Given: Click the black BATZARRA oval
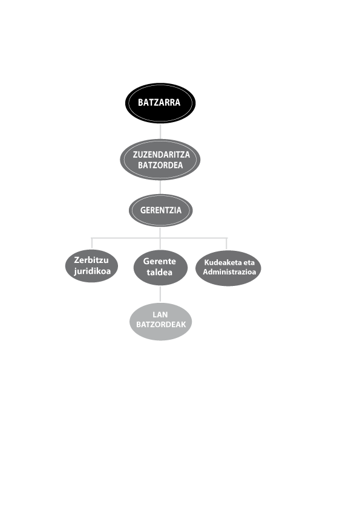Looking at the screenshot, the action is pyautogui.click(x=160, y=103).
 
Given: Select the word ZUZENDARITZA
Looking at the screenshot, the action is pyautogui.click(x=161, y=154).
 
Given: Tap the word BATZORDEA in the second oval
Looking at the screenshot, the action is pyautogui.click(x=160, y=165).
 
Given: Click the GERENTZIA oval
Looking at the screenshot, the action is pyautogui.click(x=161, y=210).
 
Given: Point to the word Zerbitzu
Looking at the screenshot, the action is pyautogui.click(x=91, y=260).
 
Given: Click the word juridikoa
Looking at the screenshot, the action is pyautogui.click(x=93, y=271).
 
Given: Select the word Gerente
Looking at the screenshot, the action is pyautogui.click(x=160, y=261).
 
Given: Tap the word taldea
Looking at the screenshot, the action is pyautogui.click(x=160, y=272).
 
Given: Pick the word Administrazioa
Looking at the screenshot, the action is pyautogui.click(x=229, y=271).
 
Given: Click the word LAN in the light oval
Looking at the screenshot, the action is pyautogui.click(x=160, y=314).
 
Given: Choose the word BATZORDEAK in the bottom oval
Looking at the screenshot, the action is pyautogui.click(x=161, y=324).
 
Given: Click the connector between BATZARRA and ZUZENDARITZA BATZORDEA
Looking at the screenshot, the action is pyautogui.click(x=160, y=131).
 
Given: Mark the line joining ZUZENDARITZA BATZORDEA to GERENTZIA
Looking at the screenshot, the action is pyautogui.click(x=160, y=187).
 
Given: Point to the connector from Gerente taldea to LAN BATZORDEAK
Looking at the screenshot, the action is pyautogui.click(x=160, y=294).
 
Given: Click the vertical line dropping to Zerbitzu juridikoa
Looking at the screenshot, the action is pyautogui.click(x=91, y=244).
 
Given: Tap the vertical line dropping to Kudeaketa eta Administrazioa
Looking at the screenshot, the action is pyautogui.click(x=227, y=244).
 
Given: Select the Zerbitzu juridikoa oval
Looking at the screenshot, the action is pyautogui.click(x=91, y=266).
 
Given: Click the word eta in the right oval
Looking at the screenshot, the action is pyautogui.click(x=249, y=262).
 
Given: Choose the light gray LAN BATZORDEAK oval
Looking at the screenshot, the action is pyautogui.click(x=161, y=322).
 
